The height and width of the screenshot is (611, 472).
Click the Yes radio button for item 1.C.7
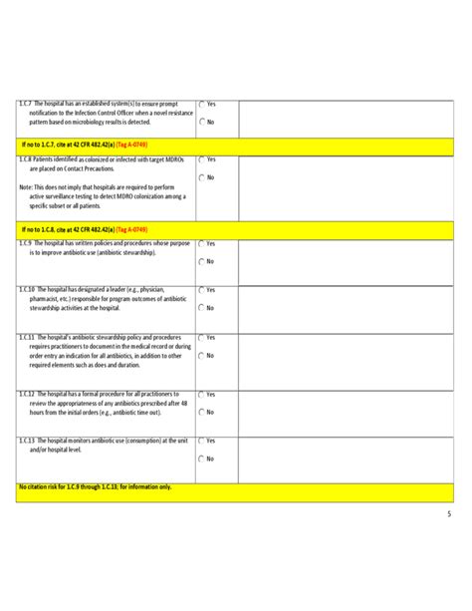pyautogui.click(x=201, y=104)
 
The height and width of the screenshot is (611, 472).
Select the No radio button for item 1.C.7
pyautogui.click(x=201, y=122)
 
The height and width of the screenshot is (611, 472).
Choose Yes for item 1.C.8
pyautogui.click(x=201, y=159)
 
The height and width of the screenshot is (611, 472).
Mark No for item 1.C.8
pyautogui.click(x=201, y=177)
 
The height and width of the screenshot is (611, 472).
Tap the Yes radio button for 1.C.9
pyautogui.click(x=201, y=243)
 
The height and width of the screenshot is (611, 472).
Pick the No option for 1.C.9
pyautogui.click(x=201, y=261)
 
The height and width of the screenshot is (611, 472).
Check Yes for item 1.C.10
pyautogui.click(x=201, y=290)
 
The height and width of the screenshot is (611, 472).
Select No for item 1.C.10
pyautogui.click(x=201, y=308)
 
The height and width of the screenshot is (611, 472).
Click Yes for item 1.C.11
pyautogui.click(x=201, y=338)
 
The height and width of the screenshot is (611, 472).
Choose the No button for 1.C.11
pyautogui.click(x=201, y=356)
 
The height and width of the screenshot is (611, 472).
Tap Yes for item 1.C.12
pyautogui.click(x=201, y=394)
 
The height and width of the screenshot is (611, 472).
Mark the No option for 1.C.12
pyautogui.click(x=201, y=412)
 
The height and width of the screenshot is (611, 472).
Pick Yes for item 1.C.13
pyautogui.click(x=201, y=441)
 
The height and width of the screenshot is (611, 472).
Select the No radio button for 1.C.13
pyautogui.click(x=201, y=458)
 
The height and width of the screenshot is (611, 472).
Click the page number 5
pyautogui.click(x=448, y=514)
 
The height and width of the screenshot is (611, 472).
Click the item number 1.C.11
pyautogui.click(x=29, y=337)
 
